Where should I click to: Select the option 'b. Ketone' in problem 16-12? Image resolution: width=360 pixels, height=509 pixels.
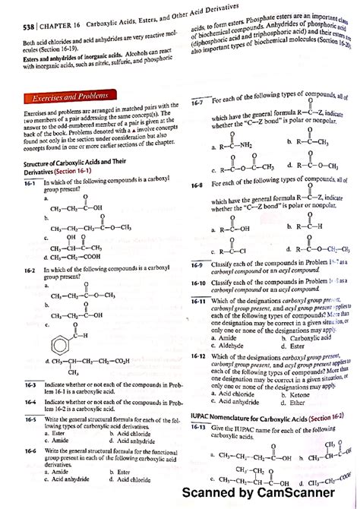click(296, 395)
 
